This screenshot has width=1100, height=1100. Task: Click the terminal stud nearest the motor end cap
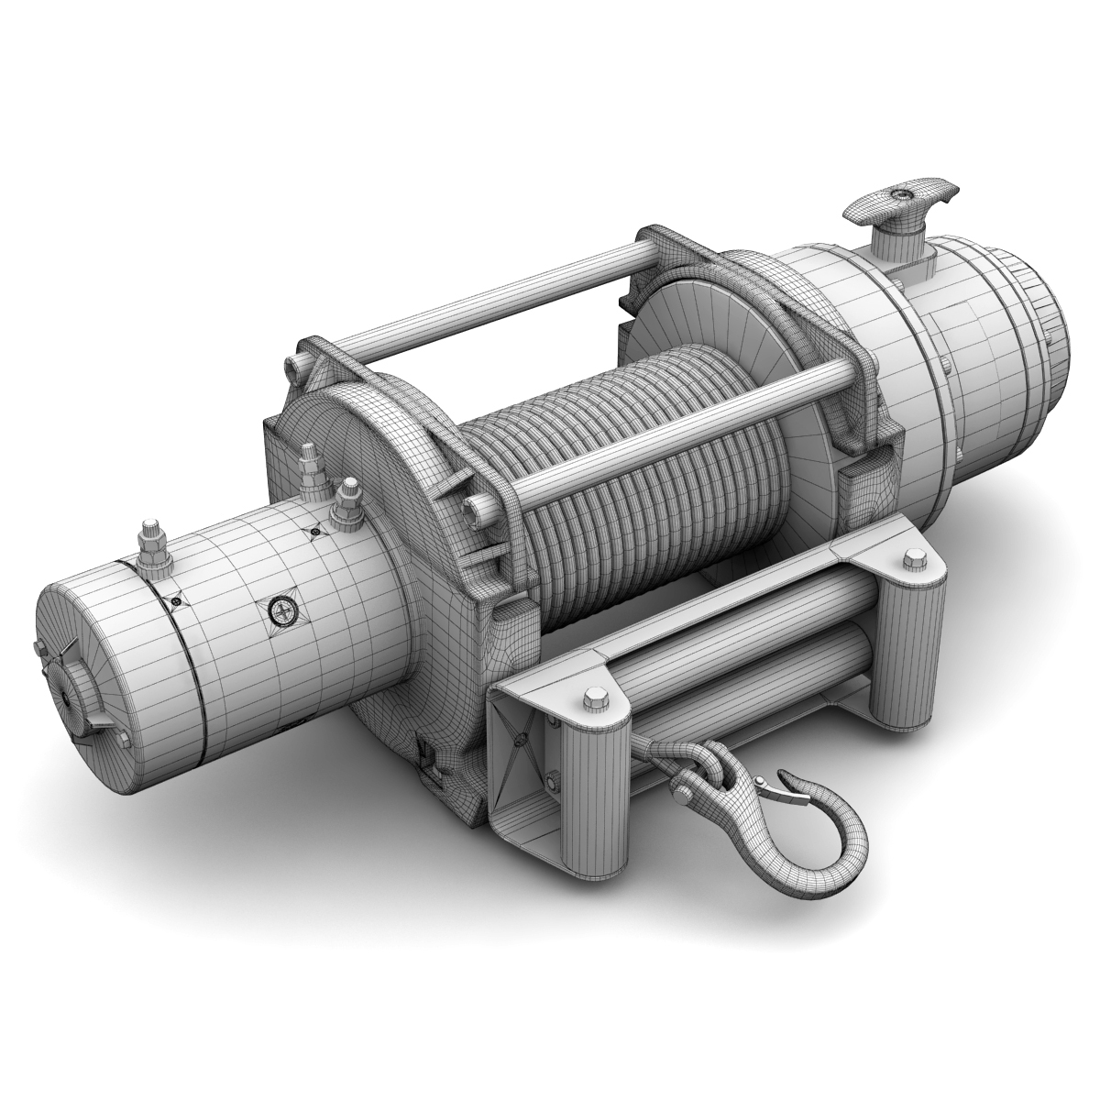(148, 550)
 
